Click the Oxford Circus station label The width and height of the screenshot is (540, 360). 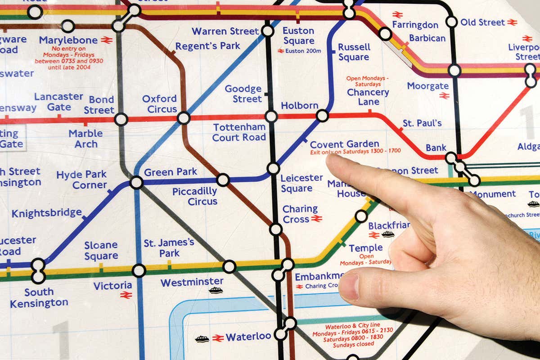pos(159,104)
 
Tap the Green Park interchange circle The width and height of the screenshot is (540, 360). pos(136,182)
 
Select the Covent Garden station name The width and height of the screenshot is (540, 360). pos(344,144)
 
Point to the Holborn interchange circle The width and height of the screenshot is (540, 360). pos(322,116)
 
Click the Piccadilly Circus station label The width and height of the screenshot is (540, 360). pos(195,196)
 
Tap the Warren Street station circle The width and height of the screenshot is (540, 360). pos(268,31)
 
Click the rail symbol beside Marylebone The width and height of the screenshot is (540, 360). pos(107,40)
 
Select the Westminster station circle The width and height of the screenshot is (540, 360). pos(229,266)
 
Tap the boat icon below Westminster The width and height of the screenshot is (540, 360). pos(216,291)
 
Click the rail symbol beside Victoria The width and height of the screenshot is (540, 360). pos(126,295)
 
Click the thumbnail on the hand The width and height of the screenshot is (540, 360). pos(349,287)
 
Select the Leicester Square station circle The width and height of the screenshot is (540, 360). pos(273,168)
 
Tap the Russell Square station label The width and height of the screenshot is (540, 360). pos(354,52)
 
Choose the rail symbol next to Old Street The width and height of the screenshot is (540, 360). pos(512,22)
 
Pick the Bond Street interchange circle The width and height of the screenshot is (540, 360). pos(121,119)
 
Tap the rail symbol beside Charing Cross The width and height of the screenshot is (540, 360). pos(316,219)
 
